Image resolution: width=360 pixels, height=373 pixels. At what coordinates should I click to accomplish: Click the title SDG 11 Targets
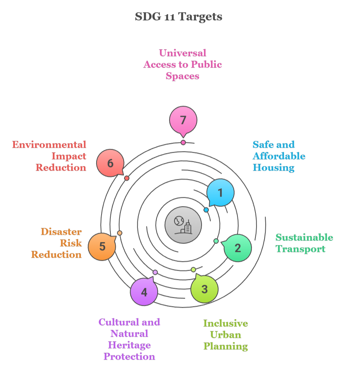click(x=179, y=17)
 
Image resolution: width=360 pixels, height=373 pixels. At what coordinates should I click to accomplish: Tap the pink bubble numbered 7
click(x=183, y=120)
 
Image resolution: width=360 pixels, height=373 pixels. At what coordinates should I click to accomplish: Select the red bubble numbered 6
click(x=110, y=163)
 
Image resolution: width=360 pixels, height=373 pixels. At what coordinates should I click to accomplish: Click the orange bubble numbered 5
click(x=102, y=247)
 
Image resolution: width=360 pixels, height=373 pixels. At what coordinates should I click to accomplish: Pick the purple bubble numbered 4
click(x=144, y=292)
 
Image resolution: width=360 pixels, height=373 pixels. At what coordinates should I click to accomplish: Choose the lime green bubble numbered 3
click(x=204, y=289)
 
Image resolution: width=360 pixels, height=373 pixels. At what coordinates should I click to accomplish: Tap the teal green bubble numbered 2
click(x=237, y=248)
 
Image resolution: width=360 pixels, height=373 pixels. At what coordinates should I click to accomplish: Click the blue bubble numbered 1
click(x=220, y=193)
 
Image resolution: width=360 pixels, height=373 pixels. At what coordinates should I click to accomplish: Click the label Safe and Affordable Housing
click(x=279, y=156)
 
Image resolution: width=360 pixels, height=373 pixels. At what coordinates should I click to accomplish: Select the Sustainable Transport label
click(x=304, y=243)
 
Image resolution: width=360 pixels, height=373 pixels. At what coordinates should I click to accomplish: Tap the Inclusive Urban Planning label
click(x=226, y=334)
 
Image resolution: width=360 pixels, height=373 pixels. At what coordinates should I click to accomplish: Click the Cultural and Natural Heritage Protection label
click(x=129, y=339)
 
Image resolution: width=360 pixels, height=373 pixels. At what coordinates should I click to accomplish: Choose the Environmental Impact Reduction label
click(x=50, y=156)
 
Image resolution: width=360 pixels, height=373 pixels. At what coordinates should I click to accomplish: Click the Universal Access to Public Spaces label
click(x=182, y=64)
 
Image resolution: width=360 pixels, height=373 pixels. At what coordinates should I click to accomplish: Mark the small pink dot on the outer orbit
click(x=183, y=142)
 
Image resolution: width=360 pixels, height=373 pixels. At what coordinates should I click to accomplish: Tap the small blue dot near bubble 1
click(x=206, y=210)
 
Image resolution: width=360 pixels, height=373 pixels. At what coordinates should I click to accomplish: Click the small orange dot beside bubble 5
click(x=119, y=233)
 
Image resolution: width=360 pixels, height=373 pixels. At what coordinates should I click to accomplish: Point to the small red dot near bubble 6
click(x=127, y=178)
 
